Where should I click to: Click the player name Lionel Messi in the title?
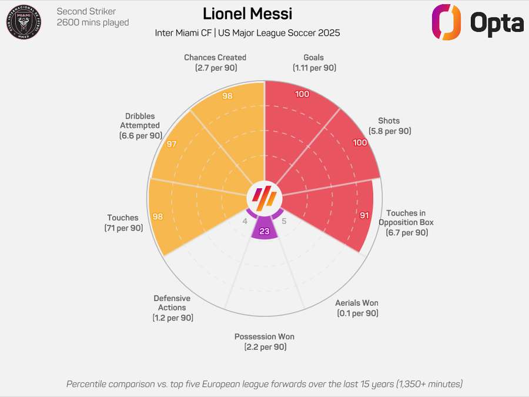pos(247,14)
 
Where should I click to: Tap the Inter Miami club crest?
pos(24,22)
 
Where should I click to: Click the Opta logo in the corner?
pos(477,23)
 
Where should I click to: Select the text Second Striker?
pos(86,11)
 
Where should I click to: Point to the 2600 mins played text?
pos(92,23)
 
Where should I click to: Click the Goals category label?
pos(314,62)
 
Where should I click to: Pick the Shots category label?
pos(389,126)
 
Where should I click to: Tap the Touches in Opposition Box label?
pos(406,222)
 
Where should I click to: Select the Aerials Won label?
pos(357,308)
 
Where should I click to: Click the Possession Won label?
pos(264,342)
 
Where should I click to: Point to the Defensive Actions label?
pos(172,308)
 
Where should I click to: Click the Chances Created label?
pos(215,62)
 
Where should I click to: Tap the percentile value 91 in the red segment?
pos(364,216)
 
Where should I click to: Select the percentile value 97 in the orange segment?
pos(172,144)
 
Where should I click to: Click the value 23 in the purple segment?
pos(264,231)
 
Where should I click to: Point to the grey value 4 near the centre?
pos(245,222)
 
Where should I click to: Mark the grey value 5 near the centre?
pos(284,222)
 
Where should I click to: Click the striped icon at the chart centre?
pos(264,195)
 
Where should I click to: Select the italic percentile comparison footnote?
pos(264,384)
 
